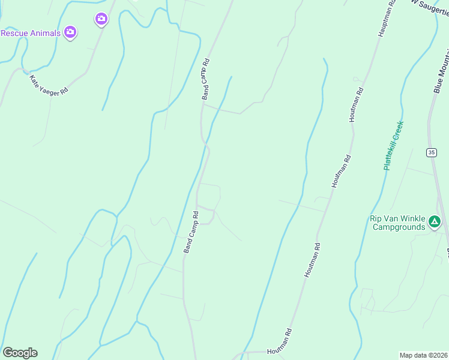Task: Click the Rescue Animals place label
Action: click(x=31, y=33)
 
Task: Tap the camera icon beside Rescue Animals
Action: click(x=70, y=32)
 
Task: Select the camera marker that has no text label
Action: click(x=101, y=20)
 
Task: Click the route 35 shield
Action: click(x=432, y=152)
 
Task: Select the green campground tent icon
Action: click(x=435, y=223)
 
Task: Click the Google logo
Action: click(x=20, y=353)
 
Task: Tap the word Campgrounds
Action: click(x=399, y=227)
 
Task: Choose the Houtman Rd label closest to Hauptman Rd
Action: click(x=356, y=105)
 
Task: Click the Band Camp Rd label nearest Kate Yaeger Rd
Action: click(x=205, y=79)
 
